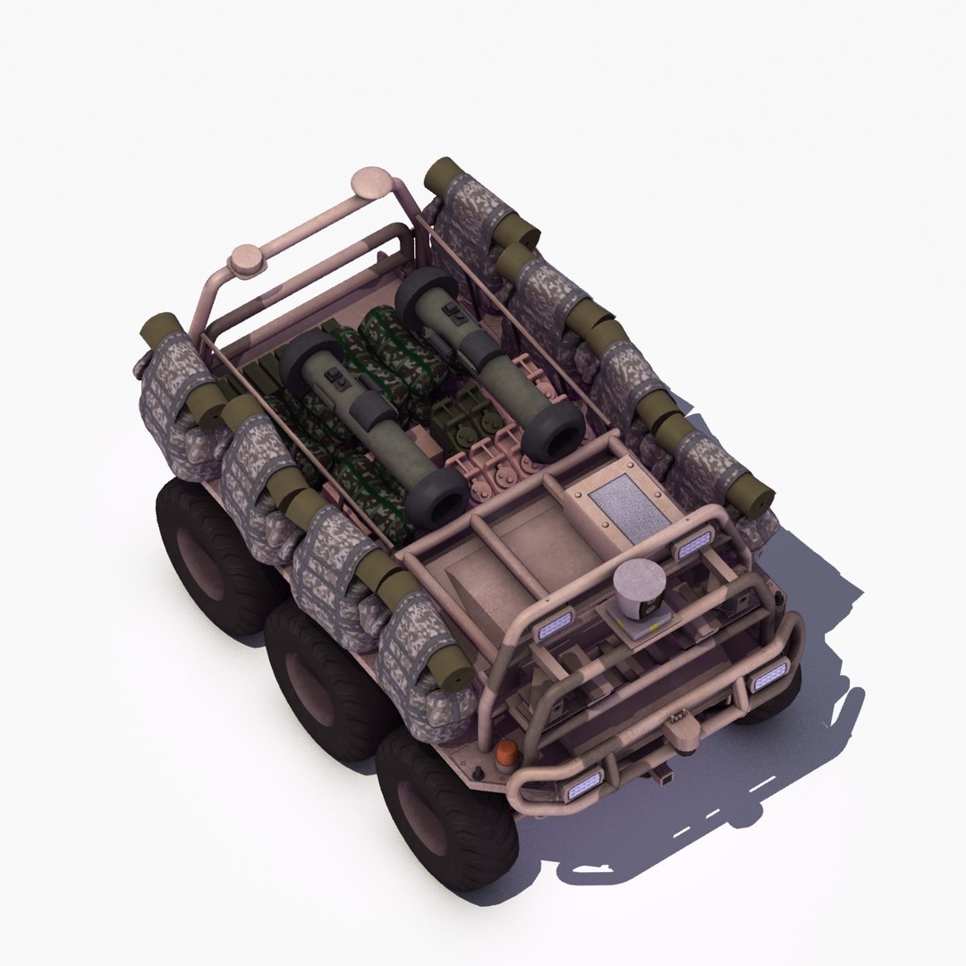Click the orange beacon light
pyautogui.click(x=506, y=753)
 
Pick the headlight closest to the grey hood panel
pyautogui.click(x=693, y=543)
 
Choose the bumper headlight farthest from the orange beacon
pyautogui.click(x=770, y=677)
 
